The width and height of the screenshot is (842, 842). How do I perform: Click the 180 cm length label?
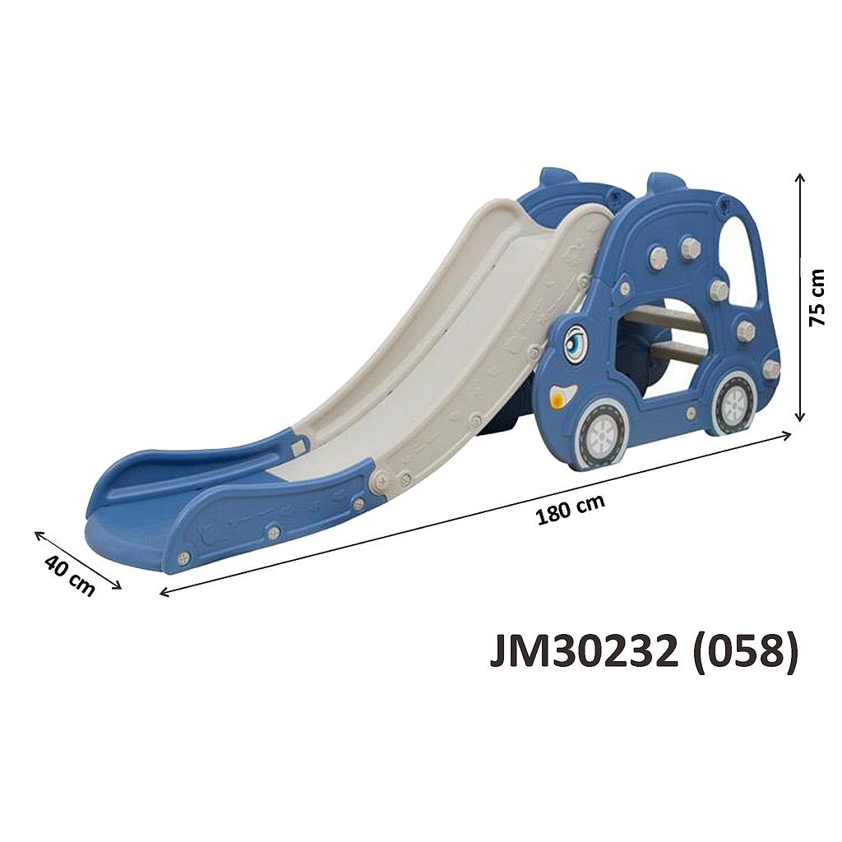point(571,508)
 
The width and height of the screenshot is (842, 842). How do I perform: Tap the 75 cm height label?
point(817,298)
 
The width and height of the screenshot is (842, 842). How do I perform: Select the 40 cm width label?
point(69,576)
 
